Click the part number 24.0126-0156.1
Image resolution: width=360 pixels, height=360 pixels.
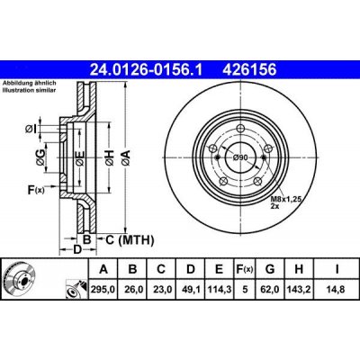coord(147,70)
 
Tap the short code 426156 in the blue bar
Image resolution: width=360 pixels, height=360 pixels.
coord(248,70)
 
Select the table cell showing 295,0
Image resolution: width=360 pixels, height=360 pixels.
coord(103,290)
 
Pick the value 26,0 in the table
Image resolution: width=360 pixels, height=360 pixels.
coord(132,290)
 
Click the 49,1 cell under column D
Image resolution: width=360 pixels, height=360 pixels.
coord(191,290)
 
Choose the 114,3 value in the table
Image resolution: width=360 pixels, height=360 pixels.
coord(219,290)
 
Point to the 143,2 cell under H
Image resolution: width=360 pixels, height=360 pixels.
coord(299,290)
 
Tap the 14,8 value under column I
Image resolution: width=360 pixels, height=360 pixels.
coord(336,290)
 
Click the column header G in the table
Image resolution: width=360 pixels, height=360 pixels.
coord(270,269)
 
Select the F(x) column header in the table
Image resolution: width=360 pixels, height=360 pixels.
coord(244,269)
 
